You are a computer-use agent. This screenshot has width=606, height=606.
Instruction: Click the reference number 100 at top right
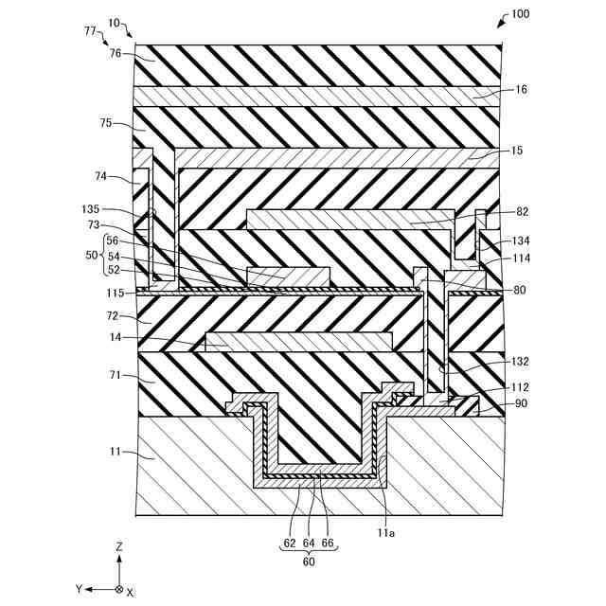point(521,15)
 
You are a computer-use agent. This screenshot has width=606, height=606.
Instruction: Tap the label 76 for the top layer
point(116,54)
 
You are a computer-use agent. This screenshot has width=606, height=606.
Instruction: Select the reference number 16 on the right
point(522,90)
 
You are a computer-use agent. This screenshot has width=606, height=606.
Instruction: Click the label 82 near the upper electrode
point(522,212)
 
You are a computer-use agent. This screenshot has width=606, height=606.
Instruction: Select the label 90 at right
point(522,404)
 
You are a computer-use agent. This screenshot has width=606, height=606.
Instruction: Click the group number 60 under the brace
point(310,561)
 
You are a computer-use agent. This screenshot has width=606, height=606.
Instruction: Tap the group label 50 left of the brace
point(92,257)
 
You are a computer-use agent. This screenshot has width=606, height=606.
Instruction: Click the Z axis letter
point(118,548)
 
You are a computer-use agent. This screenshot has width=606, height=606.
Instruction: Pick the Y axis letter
point(80,589)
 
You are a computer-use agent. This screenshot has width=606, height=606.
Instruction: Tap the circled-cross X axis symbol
point(118,589)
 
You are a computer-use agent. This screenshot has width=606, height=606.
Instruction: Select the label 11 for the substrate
point(116,454)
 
